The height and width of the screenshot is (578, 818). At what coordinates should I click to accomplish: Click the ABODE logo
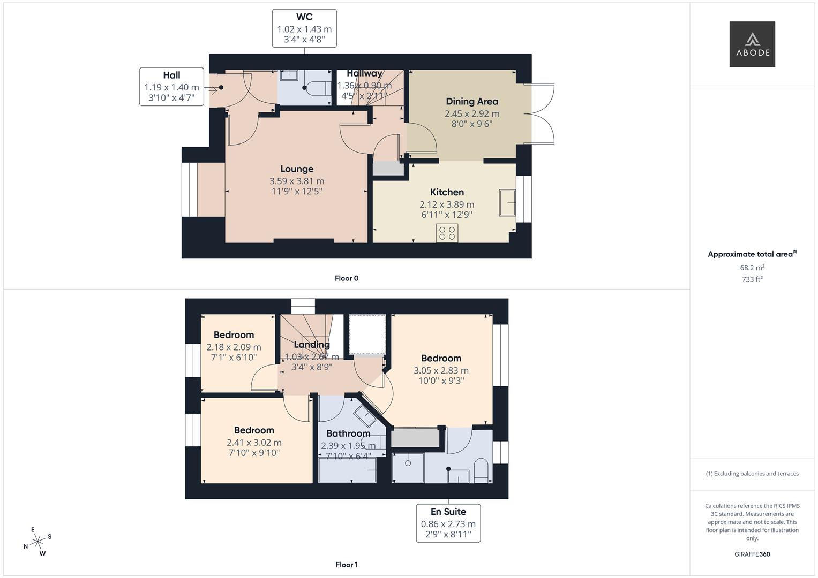(x=752, y=44)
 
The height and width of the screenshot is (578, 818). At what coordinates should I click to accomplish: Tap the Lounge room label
(x=297, y=169)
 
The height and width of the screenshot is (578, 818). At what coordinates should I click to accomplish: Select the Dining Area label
(x=471, y=102)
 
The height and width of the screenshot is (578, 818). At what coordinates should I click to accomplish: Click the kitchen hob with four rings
(x=447, y=233)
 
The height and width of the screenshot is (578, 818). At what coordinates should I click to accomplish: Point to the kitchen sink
(x=507, y=203)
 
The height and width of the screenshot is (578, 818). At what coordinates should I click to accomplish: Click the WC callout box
(x=304, y=28)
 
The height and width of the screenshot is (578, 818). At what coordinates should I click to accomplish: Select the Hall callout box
(x=171, y=87)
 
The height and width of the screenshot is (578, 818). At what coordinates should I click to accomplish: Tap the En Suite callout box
(x=448, y=523)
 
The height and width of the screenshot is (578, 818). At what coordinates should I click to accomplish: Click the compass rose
(x=37, y=542)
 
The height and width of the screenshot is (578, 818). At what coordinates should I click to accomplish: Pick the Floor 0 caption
(x=347, y=278)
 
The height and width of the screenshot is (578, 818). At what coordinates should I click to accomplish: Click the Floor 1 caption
(x=347, y=565)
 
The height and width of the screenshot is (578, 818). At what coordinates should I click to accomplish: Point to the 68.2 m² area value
(x=752, y=268)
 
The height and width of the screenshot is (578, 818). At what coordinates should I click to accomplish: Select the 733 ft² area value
(x=752, y=279)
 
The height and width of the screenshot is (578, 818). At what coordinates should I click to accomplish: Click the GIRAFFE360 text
(x=752, y=554)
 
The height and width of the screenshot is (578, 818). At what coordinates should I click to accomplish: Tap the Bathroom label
(x=348, y=433)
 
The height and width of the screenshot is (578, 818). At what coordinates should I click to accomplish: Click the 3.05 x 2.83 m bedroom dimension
(x=441, y=370)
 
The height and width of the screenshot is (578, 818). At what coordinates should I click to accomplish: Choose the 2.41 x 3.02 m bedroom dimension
(x=254, y=443)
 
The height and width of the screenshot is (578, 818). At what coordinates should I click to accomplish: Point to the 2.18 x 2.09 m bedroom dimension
(x=234, y=347)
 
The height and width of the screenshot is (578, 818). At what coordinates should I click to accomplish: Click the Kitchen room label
(x=447, y=192)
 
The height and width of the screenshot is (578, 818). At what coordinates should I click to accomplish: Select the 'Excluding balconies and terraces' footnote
(x=752, y=474)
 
